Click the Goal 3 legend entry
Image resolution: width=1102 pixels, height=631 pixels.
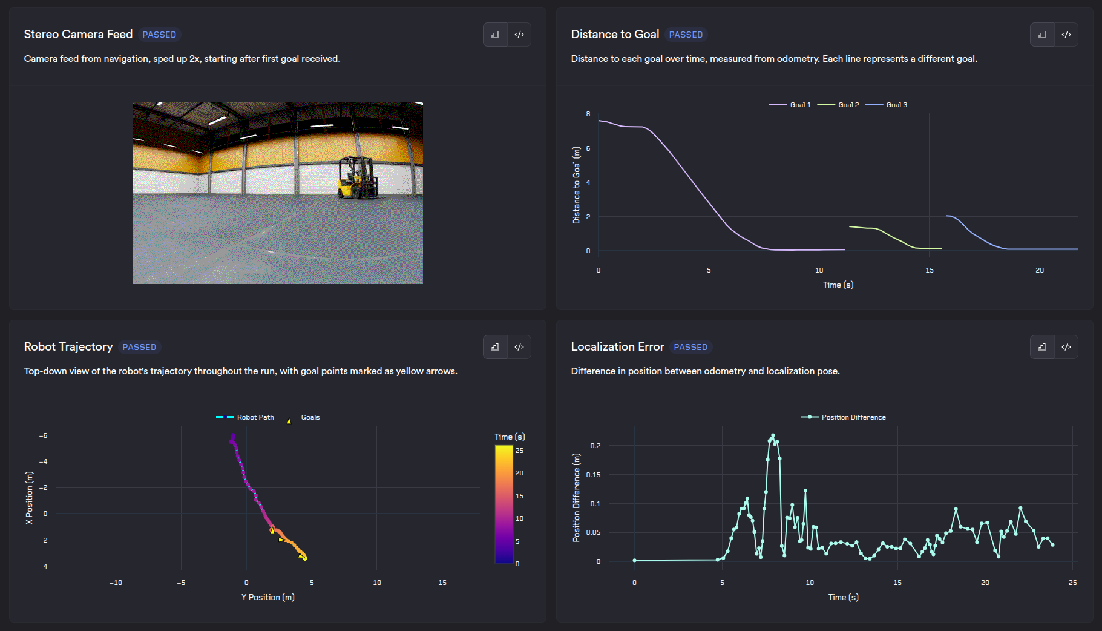coord(887,105)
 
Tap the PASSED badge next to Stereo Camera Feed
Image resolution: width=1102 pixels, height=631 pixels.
coord(159,35)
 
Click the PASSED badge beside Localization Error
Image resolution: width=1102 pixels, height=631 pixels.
coord(690,347)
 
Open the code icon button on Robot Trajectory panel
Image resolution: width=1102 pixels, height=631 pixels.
coord(519,347)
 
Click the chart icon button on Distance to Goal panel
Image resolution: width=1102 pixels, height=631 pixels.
coord(1042,35)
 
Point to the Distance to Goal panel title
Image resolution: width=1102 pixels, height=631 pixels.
coord(615,35)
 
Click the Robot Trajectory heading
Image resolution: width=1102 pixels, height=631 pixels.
coord(68,347)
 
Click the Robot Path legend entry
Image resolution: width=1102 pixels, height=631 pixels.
coord(245,417)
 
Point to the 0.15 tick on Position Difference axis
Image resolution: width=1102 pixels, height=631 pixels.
coord(593,475)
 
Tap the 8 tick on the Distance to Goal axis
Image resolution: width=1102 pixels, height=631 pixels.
coord(588,114)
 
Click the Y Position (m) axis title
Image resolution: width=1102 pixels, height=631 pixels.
coord(268,597)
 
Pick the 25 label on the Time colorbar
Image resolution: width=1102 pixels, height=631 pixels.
coord(519,451)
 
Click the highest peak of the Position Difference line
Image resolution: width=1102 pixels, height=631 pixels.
coord(773,435)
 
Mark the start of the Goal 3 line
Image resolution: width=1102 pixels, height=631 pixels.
coord(946,216)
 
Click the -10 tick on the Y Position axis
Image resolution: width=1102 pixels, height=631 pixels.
coord(116,583)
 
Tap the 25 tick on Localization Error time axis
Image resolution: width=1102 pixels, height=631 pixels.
coord(1073,583)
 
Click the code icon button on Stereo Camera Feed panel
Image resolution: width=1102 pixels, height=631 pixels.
coord(519,35)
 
